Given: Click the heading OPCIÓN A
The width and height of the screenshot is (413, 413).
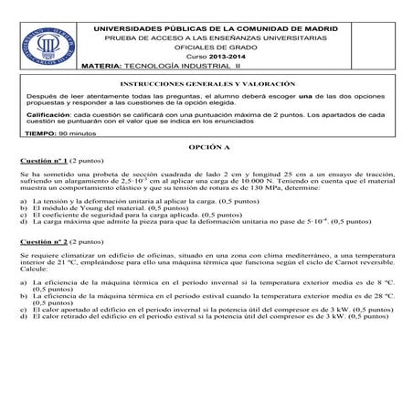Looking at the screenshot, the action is [206, 146].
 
